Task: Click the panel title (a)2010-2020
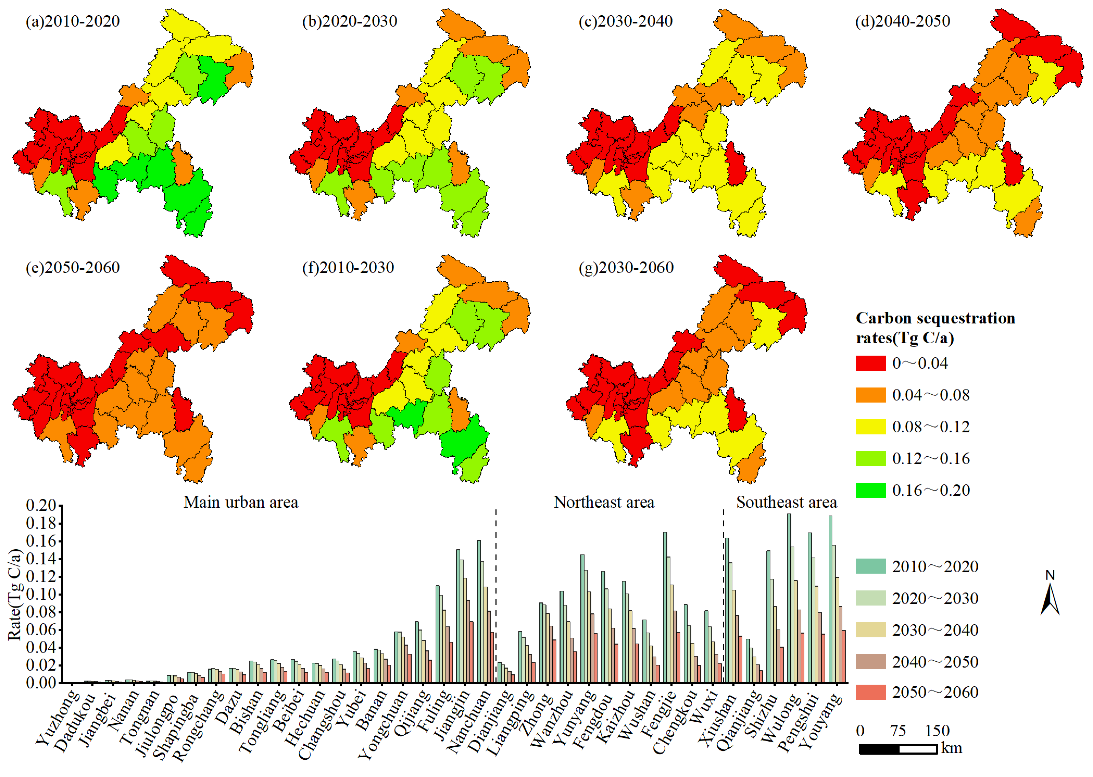click(73, 22)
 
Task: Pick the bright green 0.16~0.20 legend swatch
click(870, 490)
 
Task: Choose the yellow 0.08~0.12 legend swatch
click(870, 427)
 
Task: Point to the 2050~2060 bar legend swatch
click(870, 692)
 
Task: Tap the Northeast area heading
click(604, 502)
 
